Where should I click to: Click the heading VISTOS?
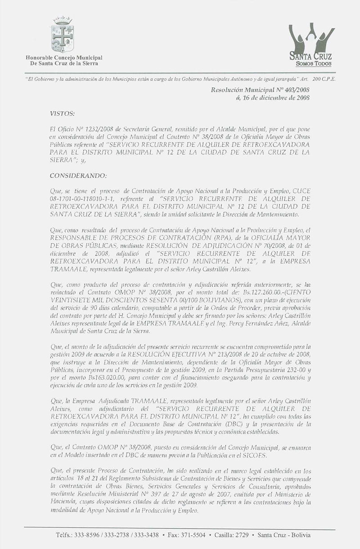tap(62, 115)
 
